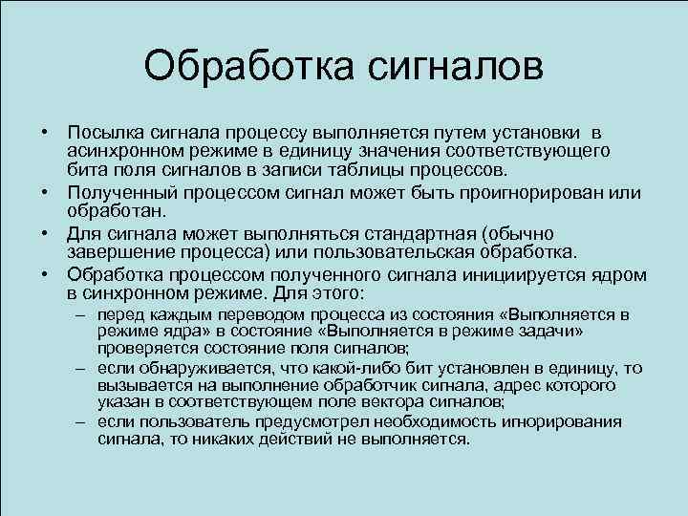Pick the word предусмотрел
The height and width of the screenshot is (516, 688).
click(297, 421)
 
